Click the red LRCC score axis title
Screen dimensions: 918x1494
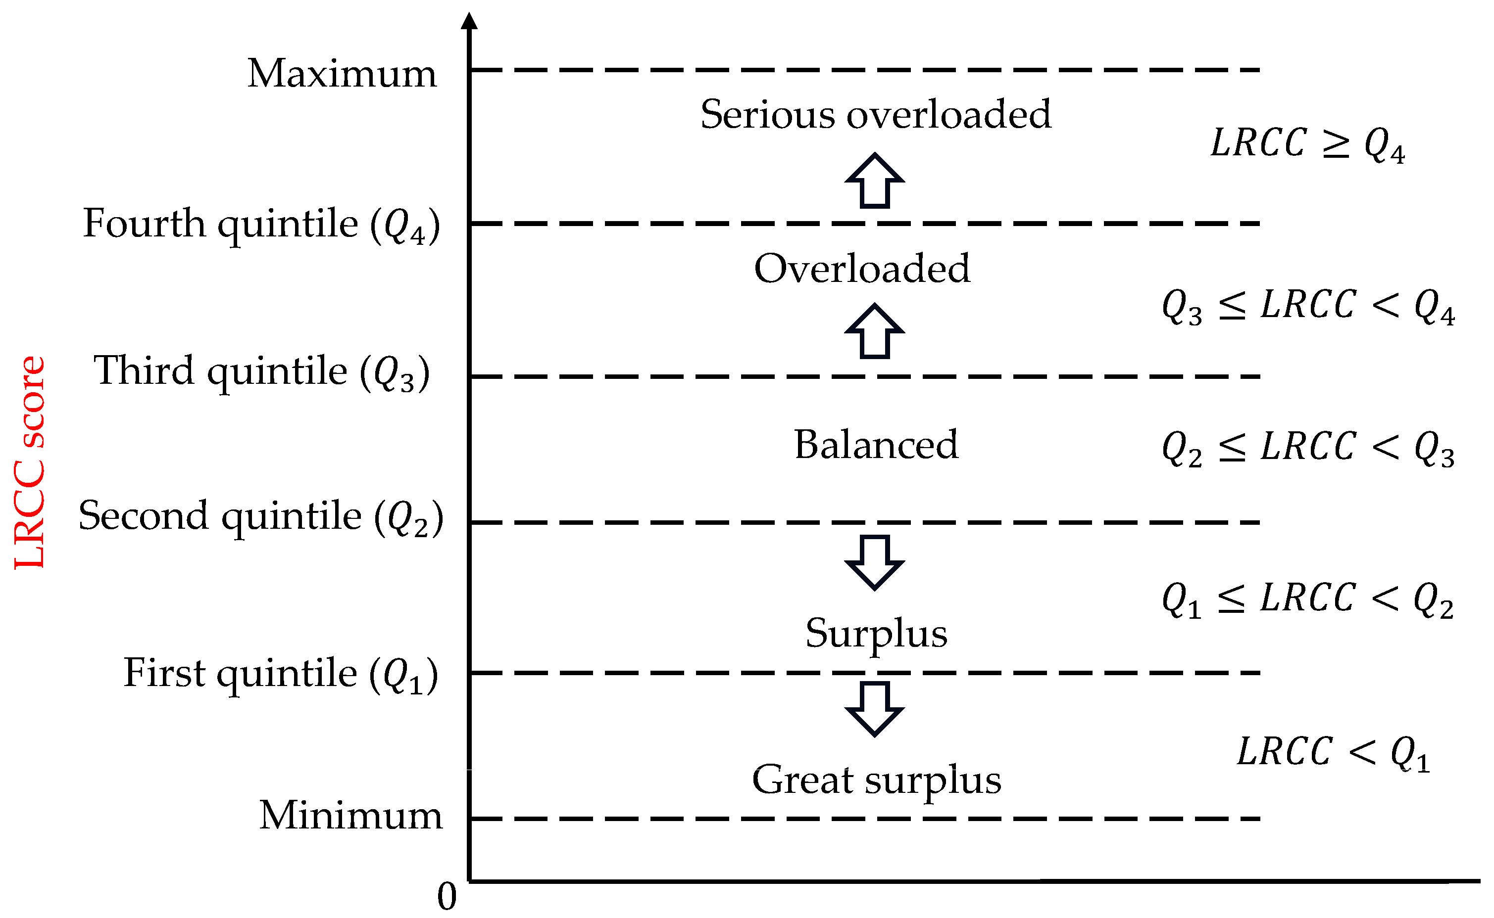click(x=29, y=462)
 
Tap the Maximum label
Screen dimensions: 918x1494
click(x=342, y=74)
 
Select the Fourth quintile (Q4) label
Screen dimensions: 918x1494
click(x=261, y=225)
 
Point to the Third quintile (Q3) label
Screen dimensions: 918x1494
click(x=261, y=372)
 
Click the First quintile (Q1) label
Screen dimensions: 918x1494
click(x=281, y=675)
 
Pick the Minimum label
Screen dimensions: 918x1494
click(x=350, y=816)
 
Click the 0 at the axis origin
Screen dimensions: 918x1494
click(x=447, y=896)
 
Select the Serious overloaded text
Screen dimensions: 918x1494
click(x=876, y=114)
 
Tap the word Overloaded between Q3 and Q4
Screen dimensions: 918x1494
click(x=862, y=269)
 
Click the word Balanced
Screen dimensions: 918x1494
click(x=876, y=445)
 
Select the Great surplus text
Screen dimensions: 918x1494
click(x=876, y=780)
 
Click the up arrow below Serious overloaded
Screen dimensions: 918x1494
click(x=875, y=181)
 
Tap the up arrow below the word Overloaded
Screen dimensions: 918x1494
click(x=875, y=331)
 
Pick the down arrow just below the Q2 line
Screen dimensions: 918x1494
click(x=875, y=562)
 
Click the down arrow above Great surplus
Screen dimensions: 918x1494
click(x=875, y=709)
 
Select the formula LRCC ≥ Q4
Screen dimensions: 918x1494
click(x=1307, y=144)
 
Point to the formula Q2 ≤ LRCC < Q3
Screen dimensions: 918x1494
click(x=1307, y=449)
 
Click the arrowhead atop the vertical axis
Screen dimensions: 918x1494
click(x=469, y=21)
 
